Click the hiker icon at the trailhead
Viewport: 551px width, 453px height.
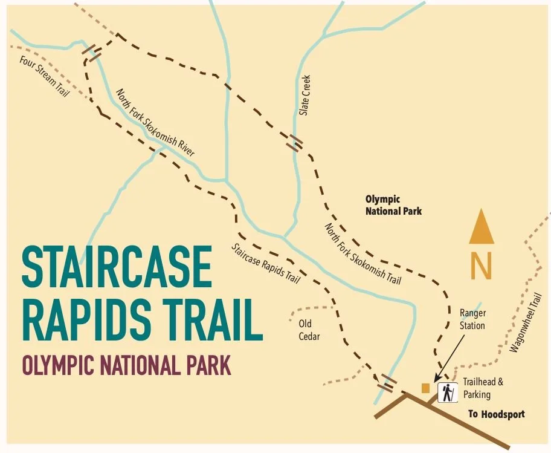coord(448,393)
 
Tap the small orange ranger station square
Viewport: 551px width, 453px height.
coord(426,388)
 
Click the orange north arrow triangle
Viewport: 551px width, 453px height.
coord(482,227)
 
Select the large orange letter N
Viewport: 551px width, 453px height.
coord(482,266)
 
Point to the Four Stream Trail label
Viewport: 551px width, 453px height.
coord(44,77)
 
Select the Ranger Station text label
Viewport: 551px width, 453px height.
coord(472,319)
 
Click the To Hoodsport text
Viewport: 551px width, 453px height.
coord(497,414)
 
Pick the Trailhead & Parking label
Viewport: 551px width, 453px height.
coord(483,388)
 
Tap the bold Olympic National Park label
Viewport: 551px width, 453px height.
coord(393,205)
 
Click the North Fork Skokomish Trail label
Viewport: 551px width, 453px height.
coord(363,253)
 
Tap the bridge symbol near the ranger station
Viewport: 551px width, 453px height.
coord(386,382)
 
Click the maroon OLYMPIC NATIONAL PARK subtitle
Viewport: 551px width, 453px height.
coord(126,365)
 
